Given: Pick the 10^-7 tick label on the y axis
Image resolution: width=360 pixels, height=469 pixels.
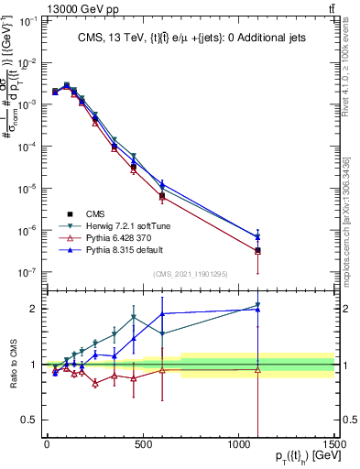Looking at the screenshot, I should (27, 272).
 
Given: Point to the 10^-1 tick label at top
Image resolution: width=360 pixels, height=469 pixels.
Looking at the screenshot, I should (27, 20).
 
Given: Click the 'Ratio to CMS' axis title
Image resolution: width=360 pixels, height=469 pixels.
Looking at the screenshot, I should (12, 365).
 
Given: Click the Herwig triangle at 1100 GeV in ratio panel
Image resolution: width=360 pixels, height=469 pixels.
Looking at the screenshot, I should (257, 305).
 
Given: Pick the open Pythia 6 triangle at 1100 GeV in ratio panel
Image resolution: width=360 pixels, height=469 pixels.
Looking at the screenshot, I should (257, 370).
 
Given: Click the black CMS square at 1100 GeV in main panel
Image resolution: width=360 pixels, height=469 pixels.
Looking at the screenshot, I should (257, 250).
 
